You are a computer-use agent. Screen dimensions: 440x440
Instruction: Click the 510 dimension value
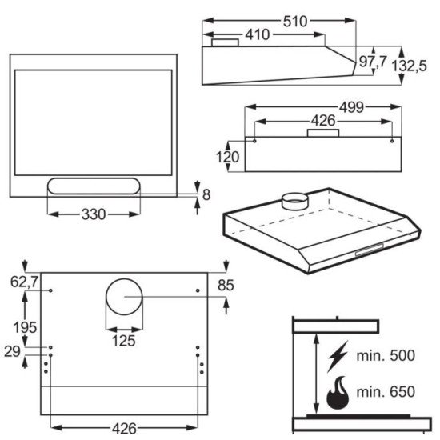(295, 22)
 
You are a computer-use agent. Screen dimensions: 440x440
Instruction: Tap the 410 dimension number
(258, 34)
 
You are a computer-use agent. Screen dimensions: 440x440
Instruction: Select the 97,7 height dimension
(373, 62)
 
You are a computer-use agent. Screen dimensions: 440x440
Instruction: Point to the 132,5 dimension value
(409, 66)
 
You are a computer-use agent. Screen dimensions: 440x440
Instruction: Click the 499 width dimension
(351, 107)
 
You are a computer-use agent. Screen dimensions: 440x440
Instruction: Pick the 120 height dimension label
(227, 157)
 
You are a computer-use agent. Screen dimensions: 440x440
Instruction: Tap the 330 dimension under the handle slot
(94, 214)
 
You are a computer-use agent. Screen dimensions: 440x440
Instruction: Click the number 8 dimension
(206, 194)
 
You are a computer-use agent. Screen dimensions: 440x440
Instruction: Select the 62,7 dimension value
(25, 282)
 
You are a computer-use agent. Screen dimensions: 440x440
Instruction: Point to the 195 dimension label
(25, 327)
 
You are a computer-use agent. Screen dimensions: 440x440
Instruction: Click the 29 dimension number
(12, 351)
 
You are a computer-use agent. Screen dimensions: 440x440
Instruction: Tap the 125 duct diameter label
(124, 341)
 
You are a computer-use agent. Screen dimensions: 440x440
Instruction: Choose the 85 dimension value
(226, 286)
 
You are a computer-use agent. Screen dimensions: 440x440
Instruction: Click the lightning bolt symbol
(338, 356)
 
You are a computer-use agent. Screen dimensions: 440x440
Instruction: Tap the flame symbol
(338, 392)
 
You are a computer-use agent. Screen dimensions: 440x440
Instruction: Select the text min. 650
(386, 392)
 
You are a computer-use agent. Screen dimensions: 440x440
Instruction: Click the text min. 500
(386, 355)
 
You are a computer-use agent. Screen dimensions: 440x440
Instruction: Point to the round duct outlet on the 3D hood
(294, 201)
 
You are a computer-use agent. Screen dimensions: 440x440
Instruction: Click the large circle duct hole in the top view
(124, 278)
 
